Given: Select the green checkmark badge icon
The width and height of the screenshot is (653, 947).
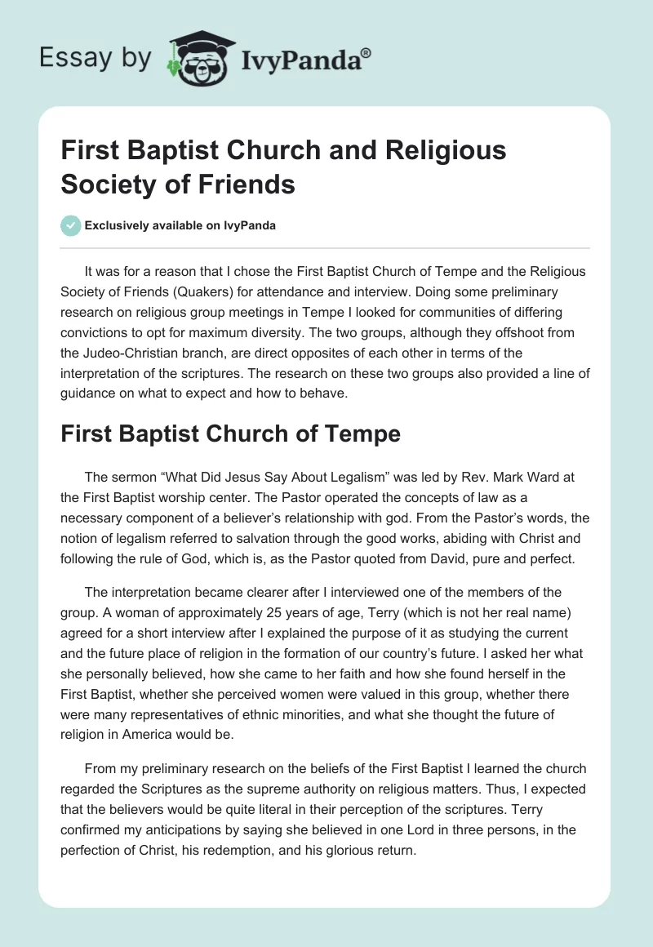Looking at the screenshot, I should (x=71, y=225).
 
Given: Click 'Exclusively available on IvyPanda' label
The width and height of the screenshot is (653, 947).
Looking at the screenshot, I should (x=180, y=226).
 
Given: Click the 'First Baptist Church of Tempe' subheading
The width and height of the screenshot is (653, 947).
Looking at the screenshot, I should (x=230, y=434).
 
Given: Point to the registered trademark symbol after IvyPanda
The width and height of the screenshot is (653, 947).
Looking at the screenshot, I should (x=366, y=51).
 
